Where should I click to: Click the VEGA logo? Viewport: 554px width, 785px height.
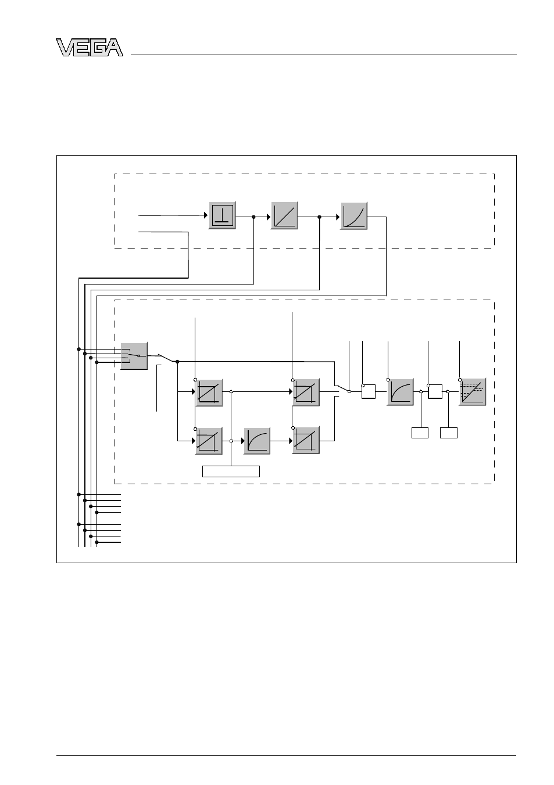tap(90, 47)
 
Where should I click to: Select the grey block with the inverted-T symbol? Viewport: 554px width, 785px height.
tap(222, 215)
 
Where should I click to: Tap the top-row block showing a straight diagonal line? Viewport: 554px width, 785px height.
tap(284, 215)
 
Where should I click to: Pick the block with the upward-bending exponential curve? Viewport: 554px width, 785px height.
tap(353, 216)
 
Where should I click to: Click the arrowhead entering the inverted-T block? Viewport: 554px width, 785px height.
tap(206, 215)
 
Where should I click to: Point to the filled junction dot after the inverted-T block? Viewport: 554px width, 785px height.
tap(253, 217)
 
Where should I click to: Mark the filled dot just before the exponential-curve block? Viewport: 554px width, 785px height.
tap(319, 217)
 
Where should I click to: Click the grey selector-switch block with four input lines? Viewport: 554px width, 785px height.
tap(134, 356)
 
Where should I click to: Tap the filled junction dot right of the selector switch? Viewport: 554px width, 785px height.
tap(177, 361)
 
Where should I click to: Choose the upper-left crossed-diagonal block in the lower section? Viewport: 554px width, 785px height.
tap(209, 392)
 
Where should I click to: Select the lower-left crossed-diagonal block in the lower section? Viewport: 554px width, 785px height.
tap(209, 441)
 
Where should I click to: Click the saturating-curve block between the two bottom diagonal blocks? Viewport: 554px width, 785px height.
tap(257, 441)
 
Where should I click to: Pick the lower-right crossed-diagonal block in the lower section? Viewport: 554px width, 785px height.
tap(306, 441)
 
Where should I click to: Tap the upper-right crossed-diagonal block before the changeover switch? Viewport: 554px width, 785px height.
tap(306, 392)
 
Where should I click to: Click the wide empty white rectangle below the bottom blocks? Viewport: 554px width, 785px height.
tap(231, 471)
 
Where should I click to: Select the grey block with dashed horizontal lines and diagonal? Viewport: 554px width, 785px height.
tap(472, 392)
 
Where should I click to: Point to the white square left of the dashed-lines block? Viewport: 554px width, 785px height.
tap(435, 391)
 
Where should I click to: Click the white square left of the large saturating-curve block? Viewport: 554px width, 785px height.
tap(369, 391)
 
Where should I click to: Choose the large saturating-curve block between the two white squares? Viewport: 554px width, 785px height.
tap(400, 392)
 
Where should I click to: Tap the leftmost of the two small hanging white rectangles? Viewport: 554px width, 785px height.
tap(420, 433)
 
